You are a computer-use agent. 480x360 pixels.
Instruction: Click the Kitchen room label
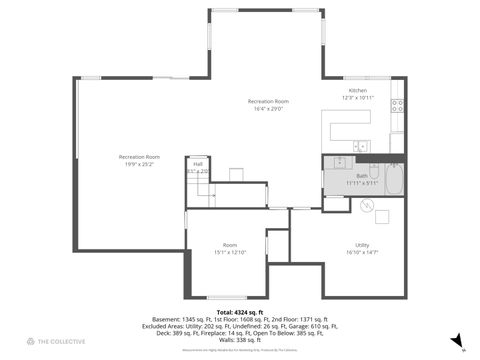pos(357,91)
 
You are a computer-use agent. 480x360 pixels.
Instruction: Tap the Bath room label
pos(361,175)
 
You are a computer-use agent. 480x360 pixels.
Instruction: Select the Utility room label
pos(361,245)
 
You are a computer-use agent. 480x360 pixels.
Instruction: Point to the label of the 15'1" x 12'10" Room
pos(229,245)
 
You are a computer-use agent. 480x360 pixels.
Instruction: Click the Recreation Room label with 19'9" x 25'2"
pos(139,156)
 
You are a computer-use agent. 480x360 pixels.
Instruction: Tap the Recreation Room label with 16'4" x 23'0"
pos(269,101)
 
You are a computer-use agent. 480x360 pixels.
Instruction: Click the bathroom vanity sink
pos(339,161)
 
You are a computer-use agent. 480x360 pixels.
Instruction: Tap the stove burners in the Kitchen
pos(397,104)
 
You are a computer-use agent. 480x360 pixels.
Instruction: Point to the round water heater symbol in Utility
pos(367,202)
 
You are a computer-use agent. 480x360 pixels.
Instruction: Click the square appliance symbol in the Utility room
pos(381,216)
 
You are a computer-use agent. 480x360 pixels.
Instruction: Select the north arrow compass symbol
pos(457,340)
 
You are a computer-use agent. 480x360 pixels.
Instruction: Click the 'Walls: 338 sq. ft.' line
pos(239,339)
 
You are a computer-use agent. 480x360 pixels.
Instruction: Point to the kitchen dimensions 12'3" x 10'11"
pos(357,98)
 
